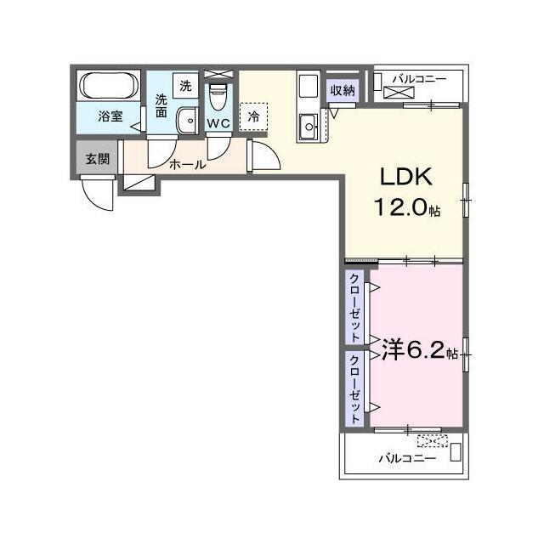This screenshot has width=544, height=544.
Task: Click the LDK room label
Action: (x=406, y=177)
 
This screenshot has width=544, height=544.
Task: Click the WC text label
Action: (x=218, y=123)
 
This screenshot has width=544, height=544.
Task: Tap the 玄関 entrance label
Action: (x=98, y=159)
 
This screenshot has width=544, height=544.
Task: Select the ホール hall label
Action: (x=187, y=164)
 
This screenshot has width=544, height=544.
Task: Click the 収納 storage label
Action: (x=343, y=91)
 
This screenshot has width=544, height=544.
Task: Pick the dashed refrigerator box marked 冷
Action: (x=253, y=116)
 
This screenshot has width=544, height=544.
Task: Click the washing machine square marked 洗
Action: (x=185, y=86)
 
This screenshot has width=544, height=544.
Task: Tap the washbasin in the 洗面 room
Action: (x=187, y=121)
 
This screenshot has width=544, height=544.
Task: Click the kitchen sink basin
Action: (x=308, y=127)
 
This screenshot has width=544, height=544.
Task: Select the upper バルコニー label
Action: (x=419, y=79)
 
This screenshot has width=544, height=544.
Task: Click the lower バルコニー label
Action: (x=407, y=459)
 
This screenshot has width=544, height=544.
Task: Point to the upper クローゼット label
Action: (x=355, y=308)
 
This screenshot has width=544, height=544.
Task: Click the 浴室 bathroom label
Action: (x=110, y=116)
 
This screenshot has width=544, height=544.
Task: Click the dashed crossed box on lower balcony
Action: (x=433, y=441)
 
